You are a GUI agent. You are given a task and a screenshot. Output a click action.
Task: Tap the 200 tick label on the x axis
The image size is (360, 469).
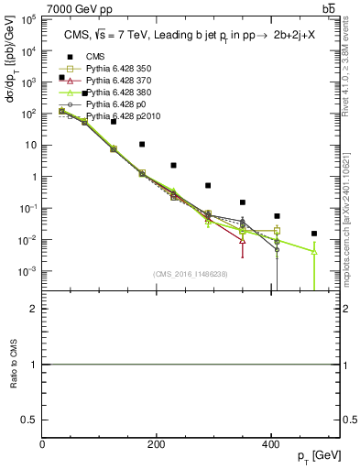click(157, 444)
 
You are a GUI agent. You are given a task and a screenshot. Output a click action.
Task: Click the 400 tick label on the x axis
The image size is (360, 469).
click(271, 444)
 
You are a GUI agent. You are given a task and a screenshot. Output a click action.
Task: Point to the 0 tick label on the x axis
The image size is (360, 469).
click(43, 444)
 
